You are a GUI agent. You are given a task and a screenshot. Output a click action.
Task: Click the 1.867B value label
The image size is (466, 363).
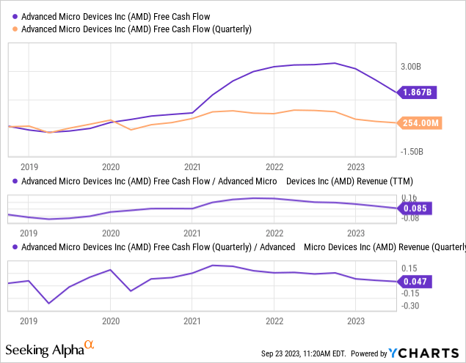[418, 92]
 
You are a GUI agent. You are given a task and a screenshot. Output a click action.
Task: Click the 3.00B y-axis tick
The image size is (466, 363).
[411, 66]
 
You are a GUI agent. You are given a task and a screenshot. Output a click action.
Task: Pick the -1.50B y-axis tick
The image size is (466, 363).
[411, 152]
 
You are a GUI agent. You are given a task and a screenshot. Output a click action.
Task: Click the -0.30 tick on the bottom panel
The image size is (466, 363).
[411, 306]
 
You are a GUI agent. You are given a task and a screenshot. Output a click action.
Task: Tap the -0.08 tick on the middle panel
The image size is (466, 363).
[411, 217]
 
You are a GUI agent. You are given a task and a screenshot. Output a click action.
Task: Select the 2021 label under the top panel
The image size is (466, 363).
[192, 166]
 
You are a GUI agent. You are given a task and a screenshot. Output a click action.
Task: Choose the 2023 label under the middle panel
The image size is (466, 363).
[356, 233]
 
